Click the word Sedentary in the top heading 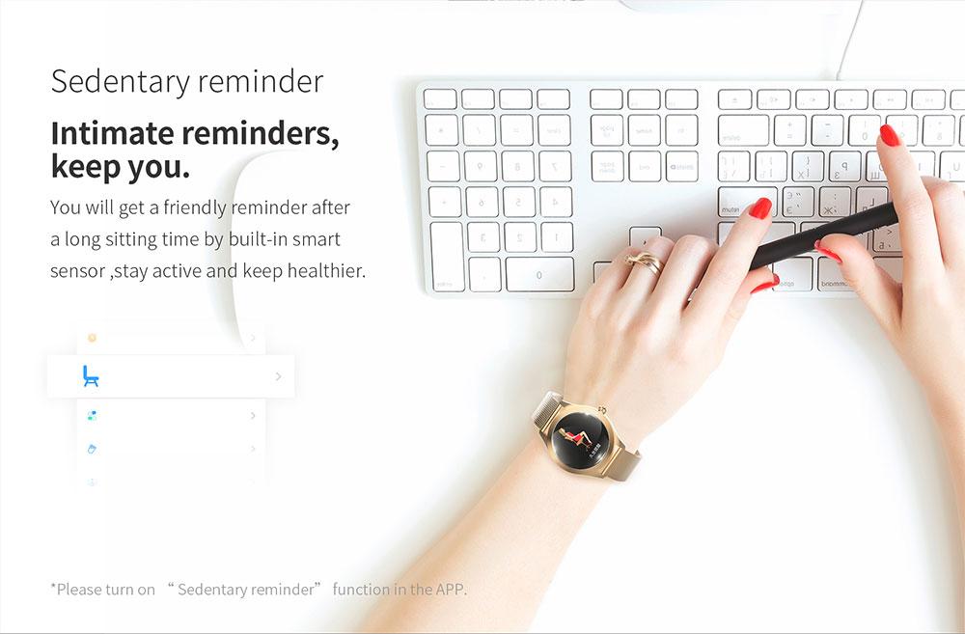pyautogui.click(x=121, y=82)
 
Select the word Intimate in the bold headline pyautogui.click(x=112, y=132)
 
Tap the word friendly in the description pyautogui.click(x=195, y=208)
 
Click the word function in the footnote pyautogui.click(x=361, y=590)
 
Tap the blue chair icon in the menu pyautogui.click(x=91, y=376)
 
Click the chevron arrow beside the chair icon pyautogui.click(x=279, y=376)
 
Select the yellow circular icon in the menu pyautogui.click(x=93, y=338)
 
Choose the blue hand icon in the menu pyautogui.click(x=93, y=449)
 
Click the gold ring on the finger pyautogui.click(x=645, y=262)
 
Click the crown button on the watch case pyautogui.click(x=602, y=409)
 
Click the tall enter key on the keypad pyautogui.click(x=447, y=257)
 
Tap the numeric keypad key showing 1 pyautogui.click(x=557, y=237)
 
